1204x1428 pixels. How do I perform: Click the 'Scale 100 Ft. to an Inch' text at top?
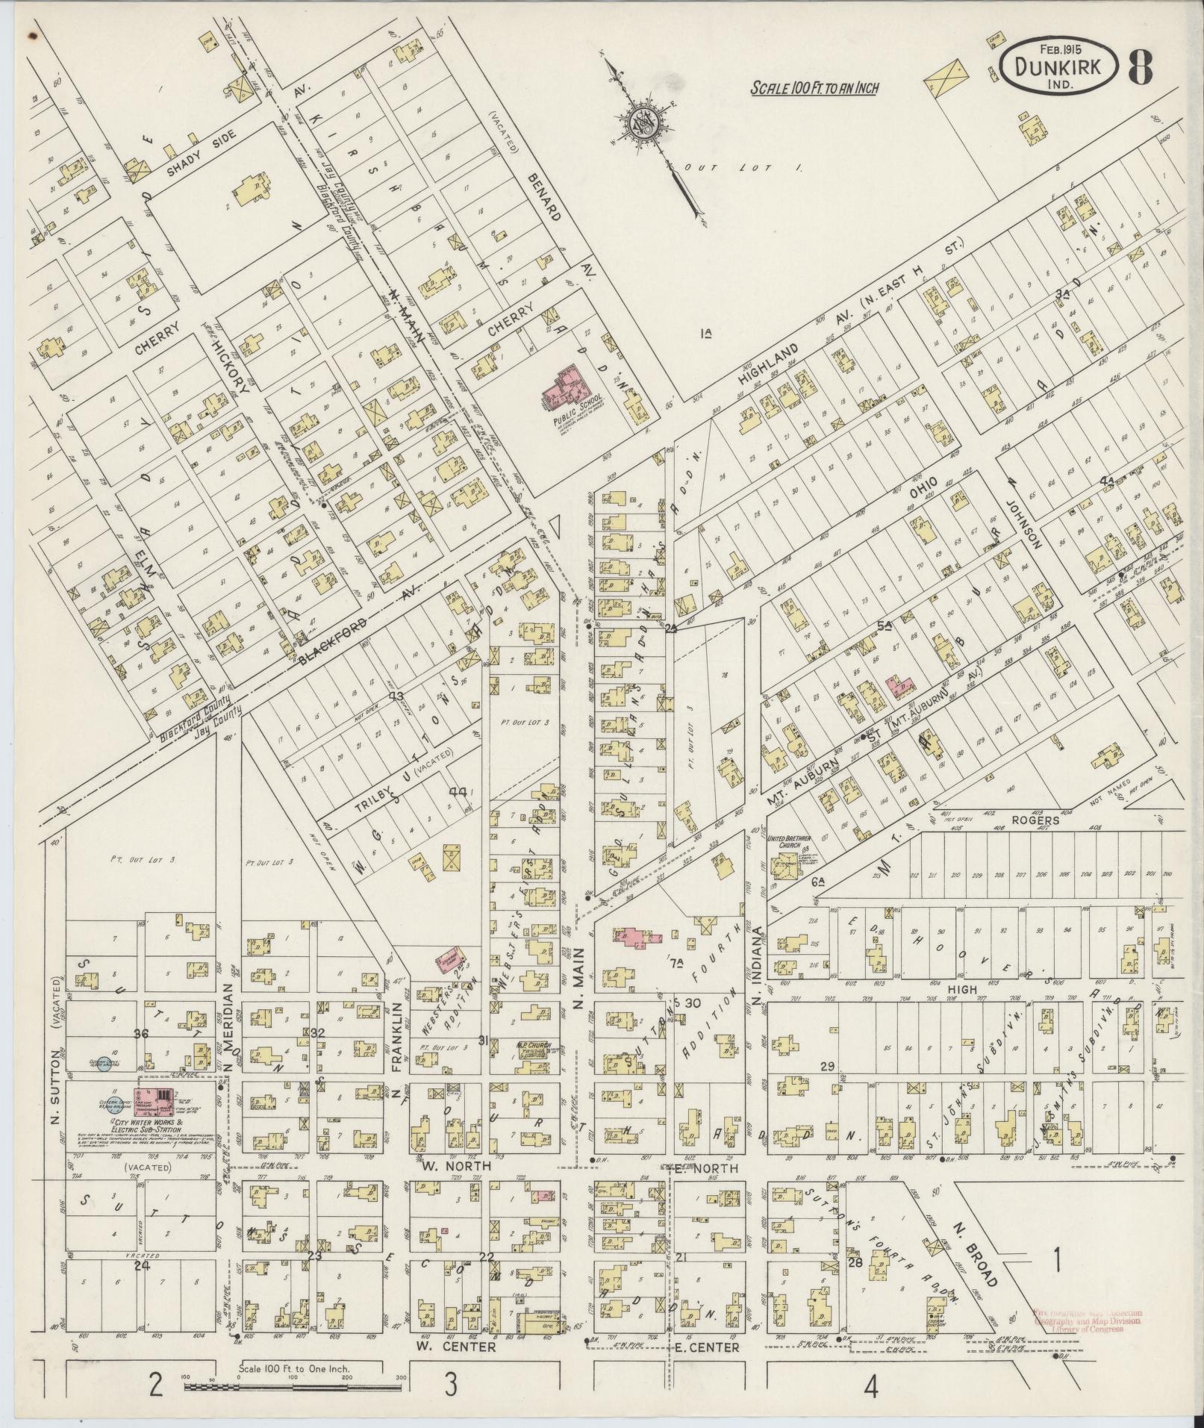[x=814, y=88]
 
